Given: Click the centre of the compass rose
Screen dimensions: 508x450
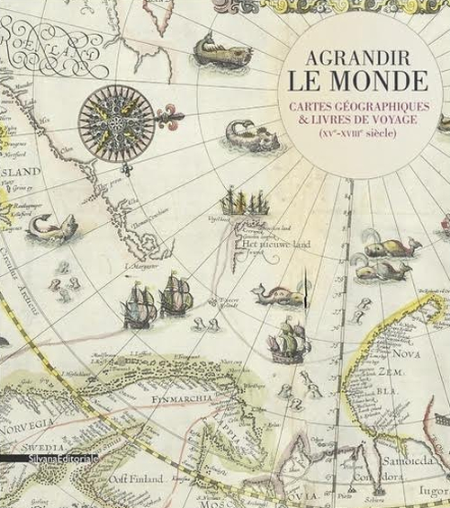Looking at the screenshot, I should click(115, 117).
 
